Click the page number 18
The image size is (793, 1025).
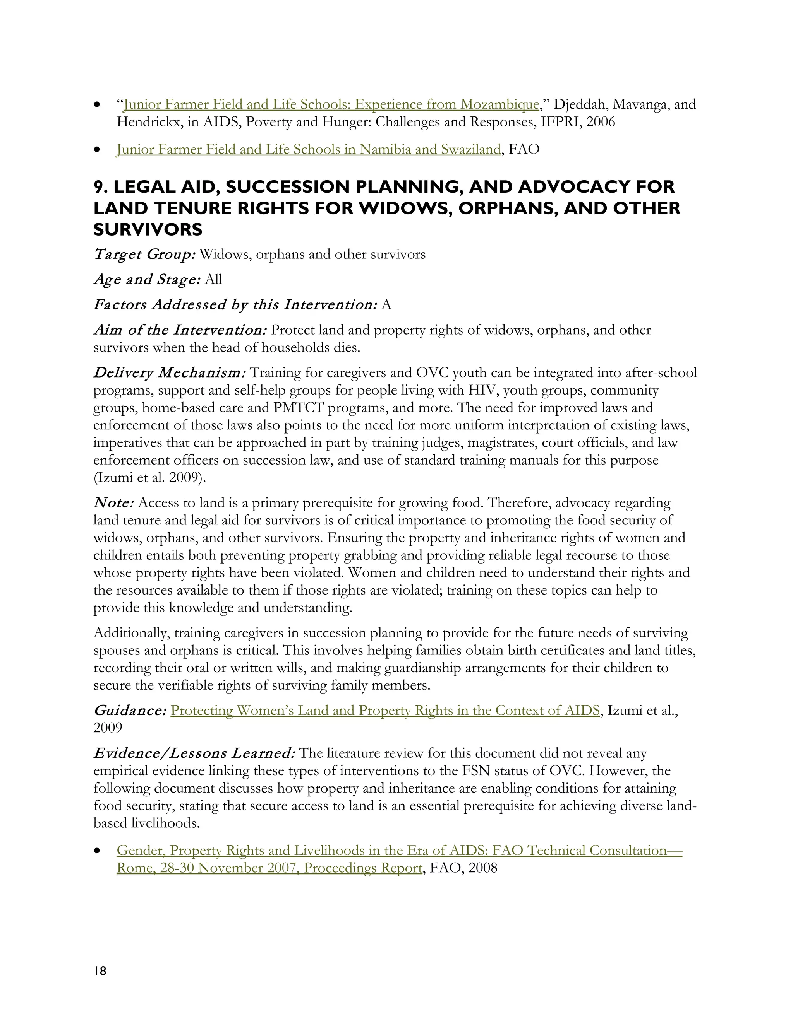[100, 971]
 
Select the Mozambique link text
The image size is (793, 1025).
[330, 104]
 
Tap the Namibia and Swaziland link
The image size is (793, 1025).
[308, 149]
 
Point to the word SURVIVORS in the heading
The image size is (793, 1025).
[148, 229]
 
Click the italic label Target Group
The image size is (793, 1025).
[144, 255]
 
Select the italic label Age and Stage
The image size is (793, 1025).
[147, 280]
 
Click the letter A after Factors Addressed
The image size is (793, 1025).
[386, 305]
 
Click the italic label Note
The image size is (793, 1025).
[114, 503]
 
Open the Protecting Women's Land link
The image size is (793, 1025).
[385, 711]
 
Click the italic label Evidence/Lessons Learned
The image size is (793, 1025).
[194, 753]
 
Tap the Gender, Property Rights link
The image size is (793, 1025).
[399, 851]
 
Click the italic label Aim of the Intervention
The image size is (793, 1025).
[180, 330]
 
